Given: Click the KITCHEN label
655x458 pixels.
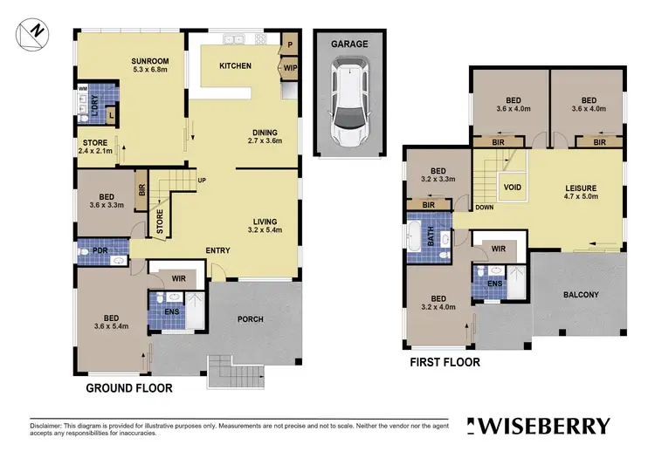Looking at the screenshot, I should point(235,65).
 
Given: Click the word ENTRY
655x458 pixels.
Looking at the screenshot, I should point(217,251).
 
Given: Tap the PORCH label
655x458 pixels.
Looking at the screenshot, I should point(251,319).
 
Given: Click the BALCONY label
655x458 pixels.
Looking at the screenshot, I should point(580,295).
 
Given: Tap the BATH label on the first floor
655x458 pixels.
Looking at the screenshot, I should point(430,236).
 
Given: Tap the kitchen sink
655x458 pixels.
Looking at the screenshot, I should point(233,38).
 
